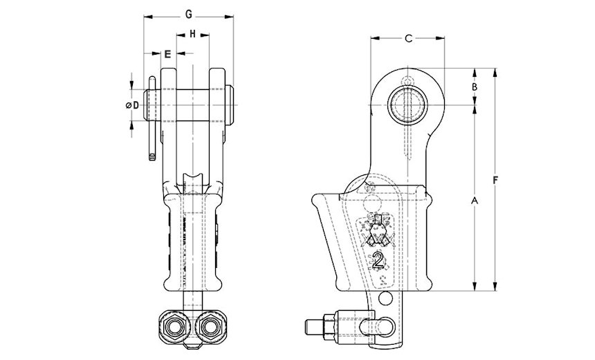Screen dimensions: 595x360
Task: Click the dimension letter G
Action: coord(189,15)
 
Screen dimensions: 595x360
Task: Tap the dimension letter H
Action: coord(193,34)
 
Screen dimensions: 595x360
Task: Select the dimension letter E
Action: coord(167,54)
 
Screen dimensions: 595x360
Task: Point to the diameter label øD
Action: coord(132,105)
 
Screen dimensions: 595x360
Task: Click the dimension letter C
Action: coord(408,38)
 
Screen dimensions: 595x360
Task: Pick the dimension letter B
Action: coord(475,87)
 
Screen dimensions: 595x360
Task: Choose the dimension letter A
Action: coord(475,200)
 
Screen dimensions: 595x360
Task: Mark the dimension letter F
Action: coord(495,181)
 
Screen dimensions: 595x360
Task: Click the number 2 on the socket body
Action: coord(378,260)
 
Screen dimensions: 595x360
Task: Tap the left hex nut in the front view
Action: coord(174,327)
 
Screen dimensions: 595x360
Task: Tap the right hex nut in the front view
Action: coord(211,327)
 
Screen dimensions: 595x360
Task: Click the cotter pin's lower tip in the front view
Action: coord(152,157)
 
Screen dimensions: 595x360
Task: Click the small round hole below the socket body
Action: coord(385,299)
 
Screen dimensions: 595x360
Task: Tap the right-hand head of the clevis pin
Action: coord(229,105)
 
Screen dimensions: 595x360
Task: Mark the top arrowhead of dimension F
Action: coord(495,72)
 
